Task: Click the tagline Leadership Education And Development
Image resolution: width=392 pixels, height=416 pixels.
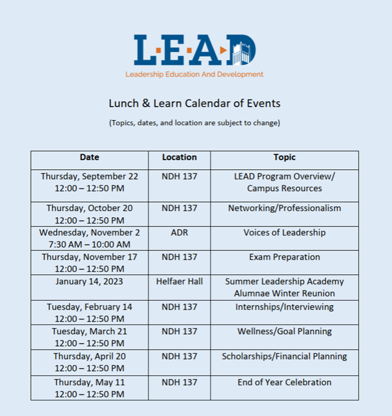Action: pyautogui.click(x=194, y=75)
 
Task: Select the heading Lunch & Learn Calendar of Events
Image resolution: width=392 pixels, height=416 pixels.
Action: pyautogui.click(x=195, y=103)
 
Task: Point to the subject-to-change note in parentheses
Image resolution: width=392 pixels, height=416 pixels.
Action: pyautogui.click(x=195, y=123)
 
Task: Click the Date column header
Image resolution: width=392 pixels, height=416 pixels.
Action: pyautogui.click(x=89, y=158)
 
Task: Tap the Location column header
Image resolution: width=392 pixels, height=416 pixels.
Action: pyautogui.click(x=179, y=158)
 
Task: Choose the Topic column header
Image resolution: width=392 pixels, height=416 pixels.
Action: pyautogui.click(x=284, y=158)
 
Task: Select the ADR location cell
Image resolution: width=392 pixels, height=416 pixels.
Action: pyautogui.click(x=179, y=233)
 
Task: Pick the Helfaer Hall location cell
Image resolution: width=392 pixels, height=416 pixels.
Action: pyautogui.click(x=179, y=282)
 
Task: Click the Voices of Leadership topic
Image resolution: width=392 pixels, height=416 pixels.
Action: pyautogui.click(x=284, y=233)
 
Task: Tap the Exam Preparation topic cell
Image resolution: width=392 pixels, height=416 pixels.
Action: pyautogui.click(x=284, y=257)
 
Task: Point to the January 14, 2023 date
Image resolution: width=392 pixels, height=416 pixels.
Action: pyautogui.click(x=89, y=282)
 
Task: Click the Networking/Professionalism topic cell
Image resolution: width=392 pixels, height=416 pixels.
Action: pyautogui.click(x=284, y=208)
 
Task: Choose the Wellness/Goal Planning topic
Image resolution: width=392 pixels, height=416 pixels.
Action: pyautogui.click(x=284, y=331)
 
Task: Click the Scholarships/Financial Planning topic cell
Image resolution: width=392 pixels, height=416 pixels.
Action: pyautogui.click(x=284, y=356)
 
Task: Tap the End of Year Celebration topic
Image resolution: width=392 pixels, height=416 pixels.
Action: pyautogui.click(x=284, y=382)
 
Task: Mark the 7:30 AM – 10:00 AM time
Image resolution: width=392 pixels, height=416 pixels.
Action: pyautogui.click(x=89, y=244)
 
